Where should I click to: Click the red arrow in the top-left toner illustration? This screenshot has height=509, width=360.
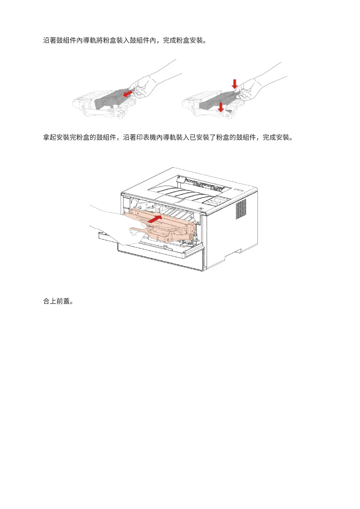point(128,92)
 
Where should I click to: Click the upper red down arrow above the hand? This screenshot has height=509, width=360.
point(235,83)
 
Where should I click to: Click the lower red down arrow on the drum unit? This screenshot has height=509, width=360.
point(221,107)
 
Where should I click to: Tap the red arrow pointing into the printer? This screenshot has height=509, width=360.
point(155,219)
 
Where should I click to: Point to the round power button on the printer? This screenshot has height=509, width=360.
point(200,209)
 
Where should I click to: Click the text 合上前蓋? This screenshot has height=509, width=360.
point(57,301)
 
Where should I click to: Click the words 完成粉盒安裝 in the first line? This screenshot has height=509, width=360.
point(183,41)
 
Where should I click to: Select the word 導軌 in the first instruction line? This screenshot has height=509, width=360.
point(86,41)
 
